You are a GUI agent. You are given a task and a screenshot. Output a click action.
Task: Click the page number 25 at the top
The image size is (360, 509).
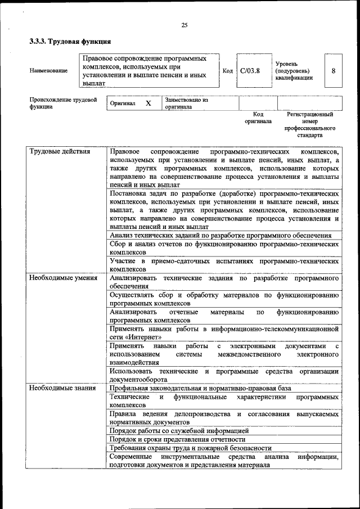pyautogui.click(x=184, y=25)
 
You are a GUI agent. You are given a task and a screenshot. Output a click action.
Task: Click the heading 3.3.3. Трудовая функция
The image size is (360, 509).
pyautogui.click(x=70, y=42)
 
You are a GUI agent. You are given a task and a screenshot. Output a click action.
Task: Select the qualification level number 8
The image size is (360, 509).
pyautogui.click(x=334, y=71)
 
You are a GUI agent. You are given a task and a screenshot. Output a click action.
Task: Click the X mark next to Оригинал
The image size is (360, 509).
pyautogui.click(x=148, y=103)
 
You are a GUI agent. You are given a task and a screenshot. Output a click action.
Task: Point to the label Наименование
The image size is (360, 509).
pyautogui.click(x=48, y=71)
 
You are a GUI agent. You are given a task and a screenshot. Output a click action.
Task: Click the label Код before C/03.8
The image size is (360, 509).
pyautogui.click(x=227, y=71)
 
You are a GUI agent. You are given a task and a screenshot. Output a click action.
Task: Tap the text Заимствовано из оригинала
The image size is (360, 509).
pyautogui.click(x=186, y=103)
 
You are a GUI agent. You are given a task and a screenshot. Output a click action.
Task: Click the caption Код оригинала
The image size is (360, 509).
pyautogui.click(x=258, y=118)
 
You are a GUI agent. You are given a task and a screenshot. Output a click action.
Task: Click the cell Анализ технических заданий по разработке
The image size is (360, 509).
pyautogui.click(x=220, y=236)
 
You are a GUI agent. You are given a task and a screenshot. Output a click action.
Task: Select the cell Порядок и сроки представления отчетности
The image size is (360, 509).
pyautogui.click(x=177, y=439)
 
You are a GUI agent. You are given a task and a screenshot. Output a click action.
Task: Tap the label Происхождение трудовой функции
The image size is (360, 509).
pyautogui.click(x=62, y=103)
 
